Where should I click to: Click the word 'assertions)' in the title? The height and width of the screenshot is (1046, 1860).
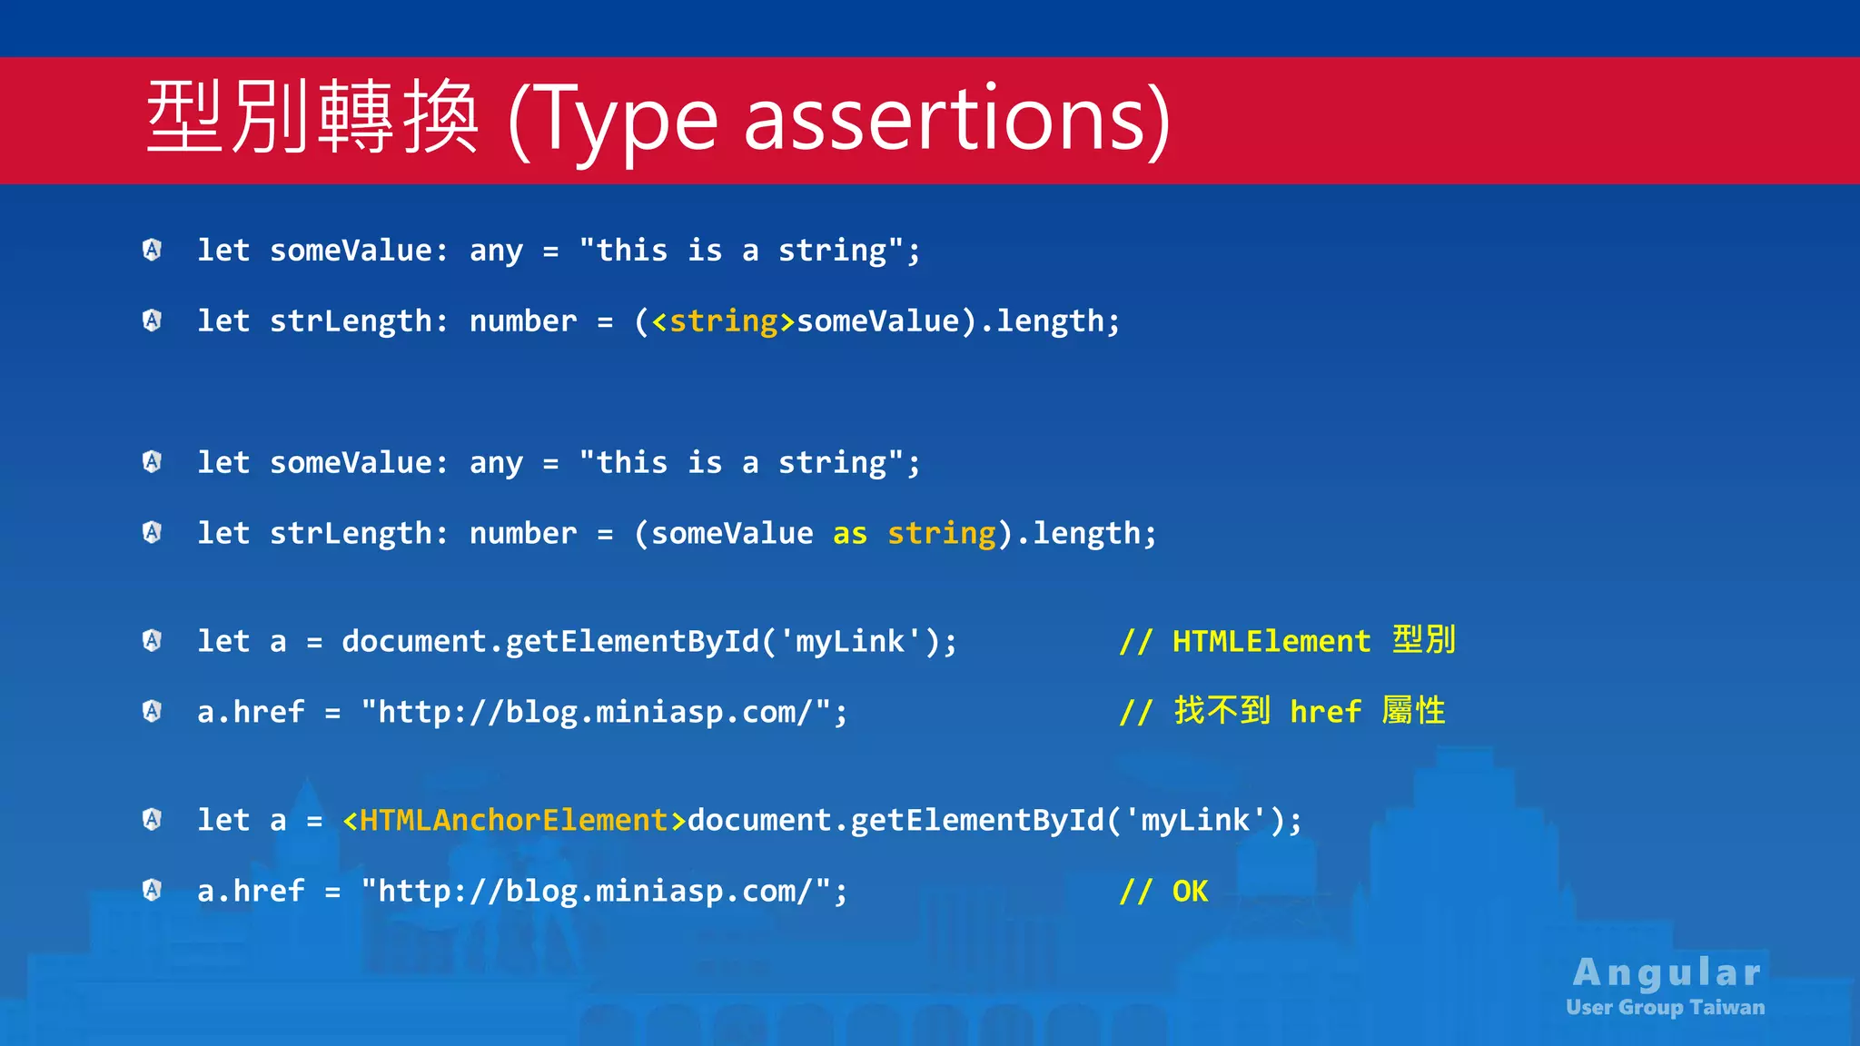pyautogui.click(x=957, y=120)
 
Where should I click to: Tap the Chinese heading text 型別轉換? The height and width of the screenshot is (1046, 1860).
pyautogui.click(x=312, y=118)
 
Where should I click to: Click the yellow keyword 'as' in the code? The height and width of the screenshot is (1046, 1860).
pyautogui.click(x=850, y=534)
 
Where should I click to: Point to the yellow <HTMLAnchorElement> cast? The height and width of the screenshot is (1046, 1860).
pyautogui.click(x=514, y=821)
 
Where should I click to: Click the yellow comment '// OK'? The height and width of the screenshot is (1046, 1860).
pyautogui.click(x=1163, y=892)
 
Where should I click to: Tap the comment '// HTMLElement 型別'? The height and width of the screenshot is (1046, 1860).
pyautogui.click(x=1287, y=641)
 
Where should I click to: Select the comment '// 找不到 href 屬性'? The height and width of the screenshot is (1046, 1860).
pyautogui.click(x=1281, y=711)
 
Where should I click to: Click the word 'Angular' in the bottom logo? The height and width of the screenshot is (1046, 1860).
pyautogui.click(x=1667, y=972)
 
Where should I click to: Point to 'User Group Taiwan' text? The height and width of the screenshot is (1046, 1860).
pyautogui.click(x=1665, y=1008)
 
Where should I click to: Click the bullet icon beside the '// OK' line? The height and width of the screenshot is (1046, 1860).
pyautogui.click(x=153, y=890)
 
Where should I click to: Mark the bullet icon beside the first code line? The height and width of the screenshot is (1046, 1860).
pyautogui.click(x=153, y=249)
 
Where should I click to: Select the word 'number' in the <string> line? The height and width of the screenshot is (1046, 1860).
pyautogui.click(x=523, y=321)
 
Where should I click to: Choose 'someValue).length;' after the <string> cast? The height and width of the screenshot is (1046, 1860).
pyautogui.click(x=958, y=321)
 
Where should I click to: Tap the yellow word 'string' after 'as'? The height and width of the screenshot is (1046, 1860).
pyautogui.click(x=941, y=534)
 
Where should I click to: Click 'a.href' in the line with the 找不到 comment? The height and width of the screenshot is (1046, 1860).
pyautogui.click(x=251, y=712)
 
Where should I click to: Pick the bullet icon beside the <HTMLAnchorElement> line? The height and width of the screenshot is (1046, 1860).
pyautogui.click(x=153, y=819)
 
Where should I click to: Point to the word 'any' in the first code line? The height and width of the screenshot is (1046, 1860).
pyautogui.click(x=496, y=251)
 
